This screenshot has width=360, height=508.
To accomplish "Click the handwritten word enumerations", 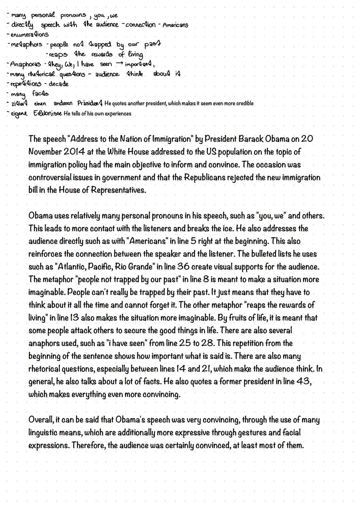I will pos(30,34).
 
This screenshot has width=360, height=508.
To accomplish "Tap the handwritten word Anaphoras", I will pos(25,64).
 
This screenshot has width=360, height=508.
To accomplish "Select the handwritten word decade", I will pos(59,84).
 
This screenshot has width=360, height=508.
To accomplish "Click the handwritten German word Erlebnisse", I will pos(47,114).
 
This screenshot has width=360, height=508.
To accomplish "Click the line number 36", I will pos(183,267).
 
